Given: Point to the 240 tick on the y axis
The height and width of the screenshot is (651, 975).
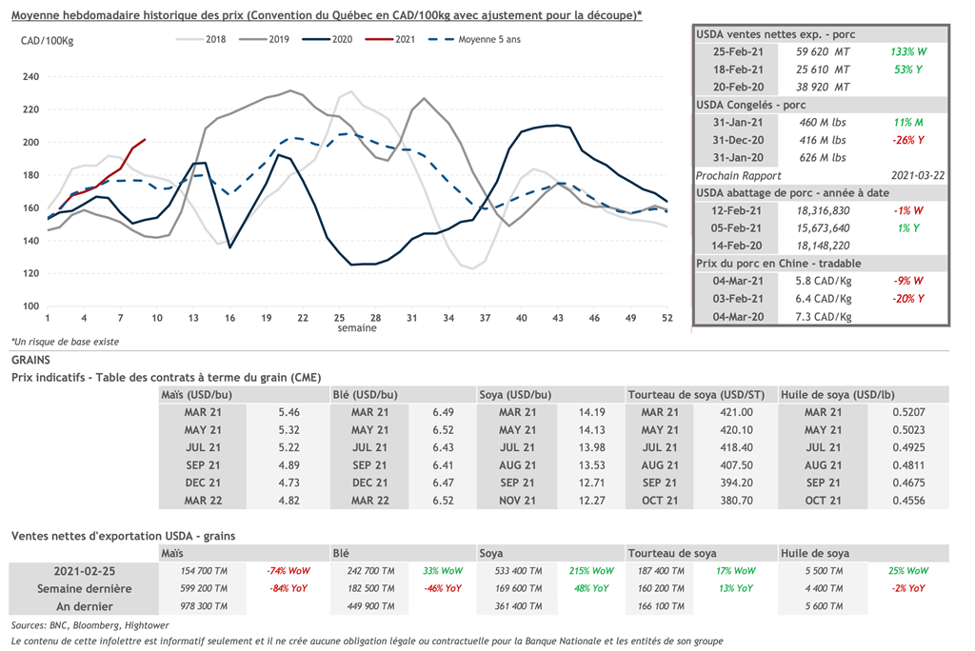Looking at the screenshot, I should click(30, 76).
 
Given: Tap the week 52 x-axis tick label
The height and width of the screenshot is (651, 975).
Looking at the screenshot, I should click(667, 317).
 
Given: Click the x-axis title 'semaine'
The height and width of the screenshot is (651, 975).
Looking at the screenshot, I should click(356, 328).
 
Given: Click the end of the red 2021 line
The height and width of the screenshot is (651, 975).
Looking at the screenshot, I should click(145, 140).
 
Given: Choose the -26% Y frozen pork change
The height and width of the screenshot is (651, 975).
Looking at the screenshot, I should click(909, 140).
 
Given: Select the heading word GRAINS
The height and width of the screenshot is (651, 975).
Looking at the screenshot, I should click(30, 361).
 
